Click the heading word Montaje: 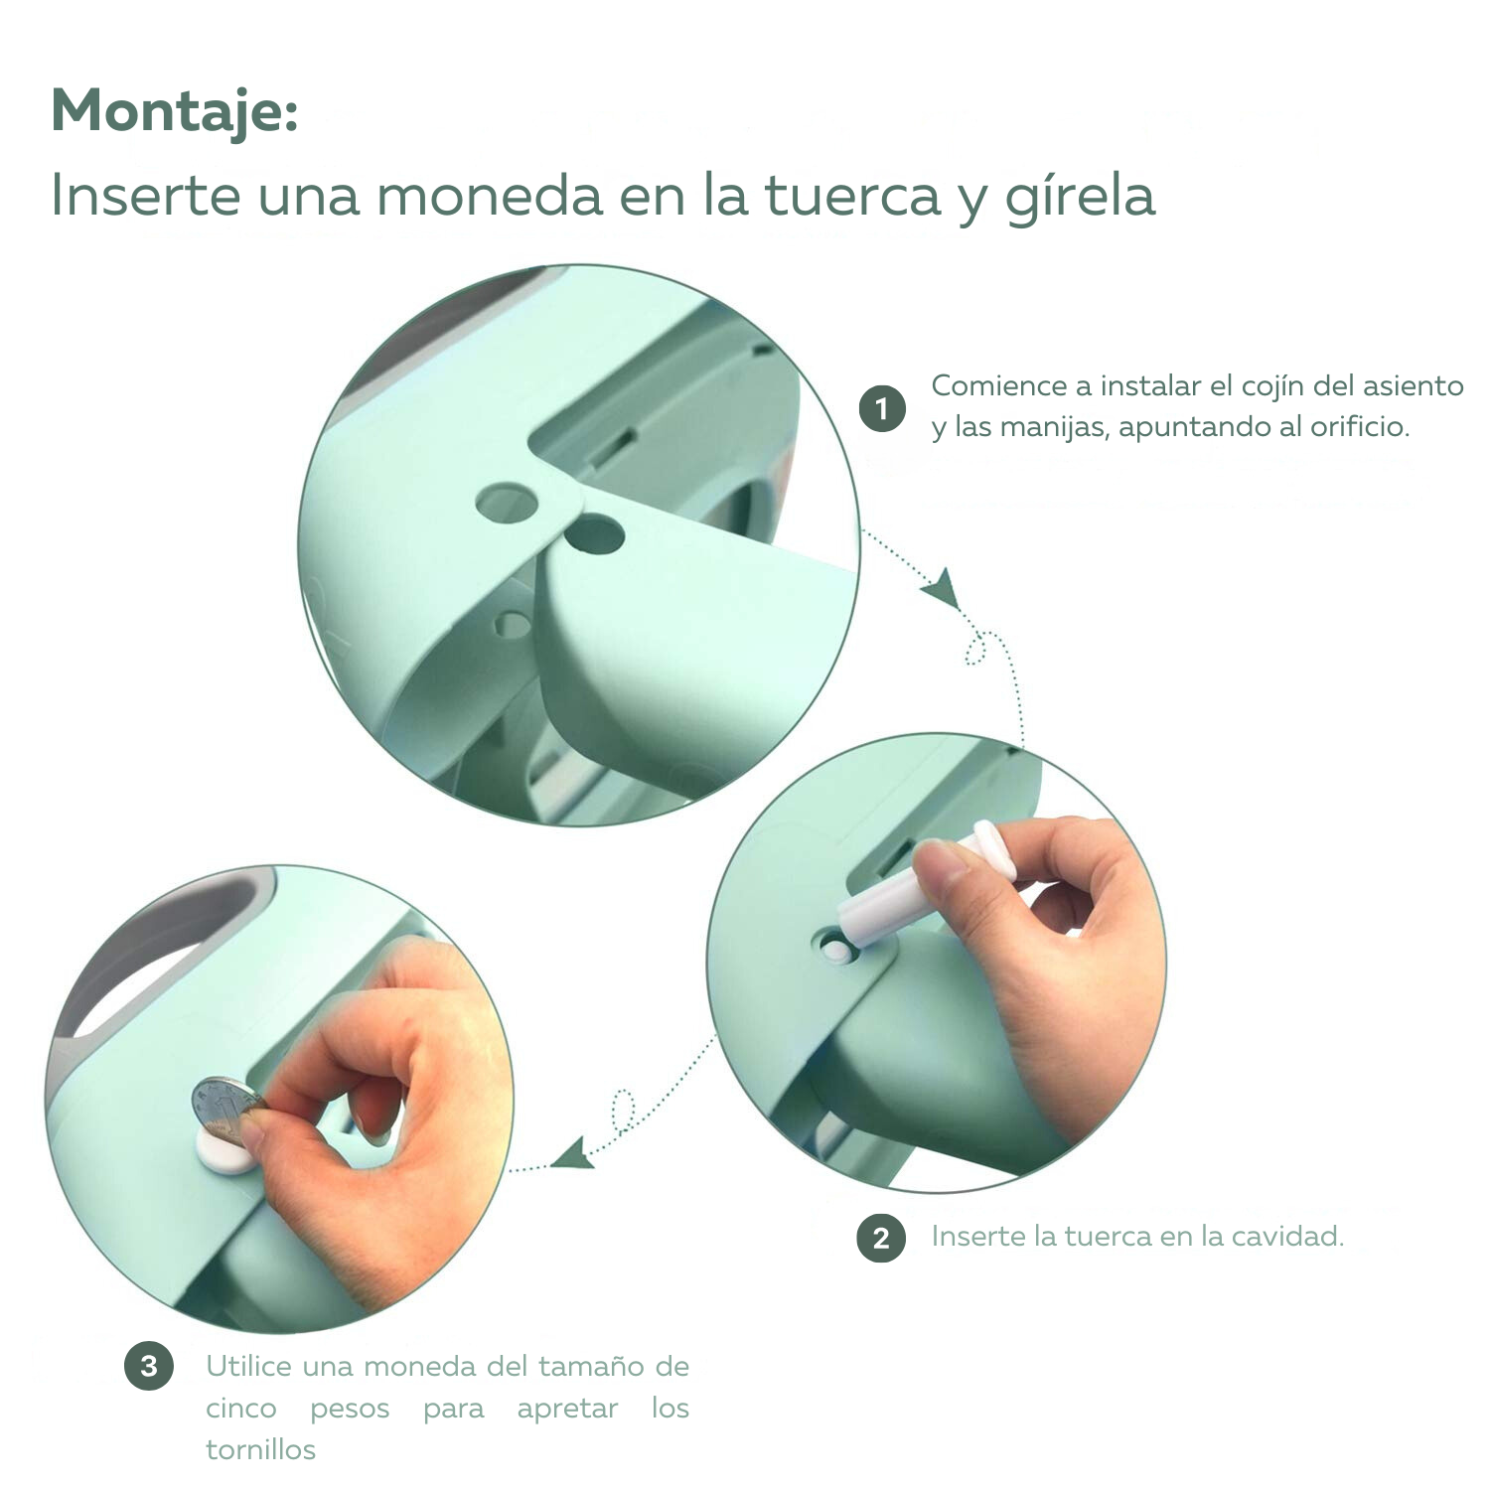(x=175, y=111)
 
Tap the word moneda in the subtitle (x=489, y=195)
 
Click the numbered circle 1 (x=882, y=409)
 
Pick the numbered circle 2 (x=881, y=1239)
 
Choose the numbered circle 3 (x=149, y=1367)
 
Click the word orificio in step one (x=1359, y=427)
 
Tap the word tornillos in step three (x=260, y=1450)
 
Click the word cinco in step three (x=241, y=1409)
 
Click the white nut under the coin (x=223, y=1150)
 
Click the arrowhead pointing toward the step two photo (x=941, y=587)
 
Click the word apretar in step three (x=567, y=1410)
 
